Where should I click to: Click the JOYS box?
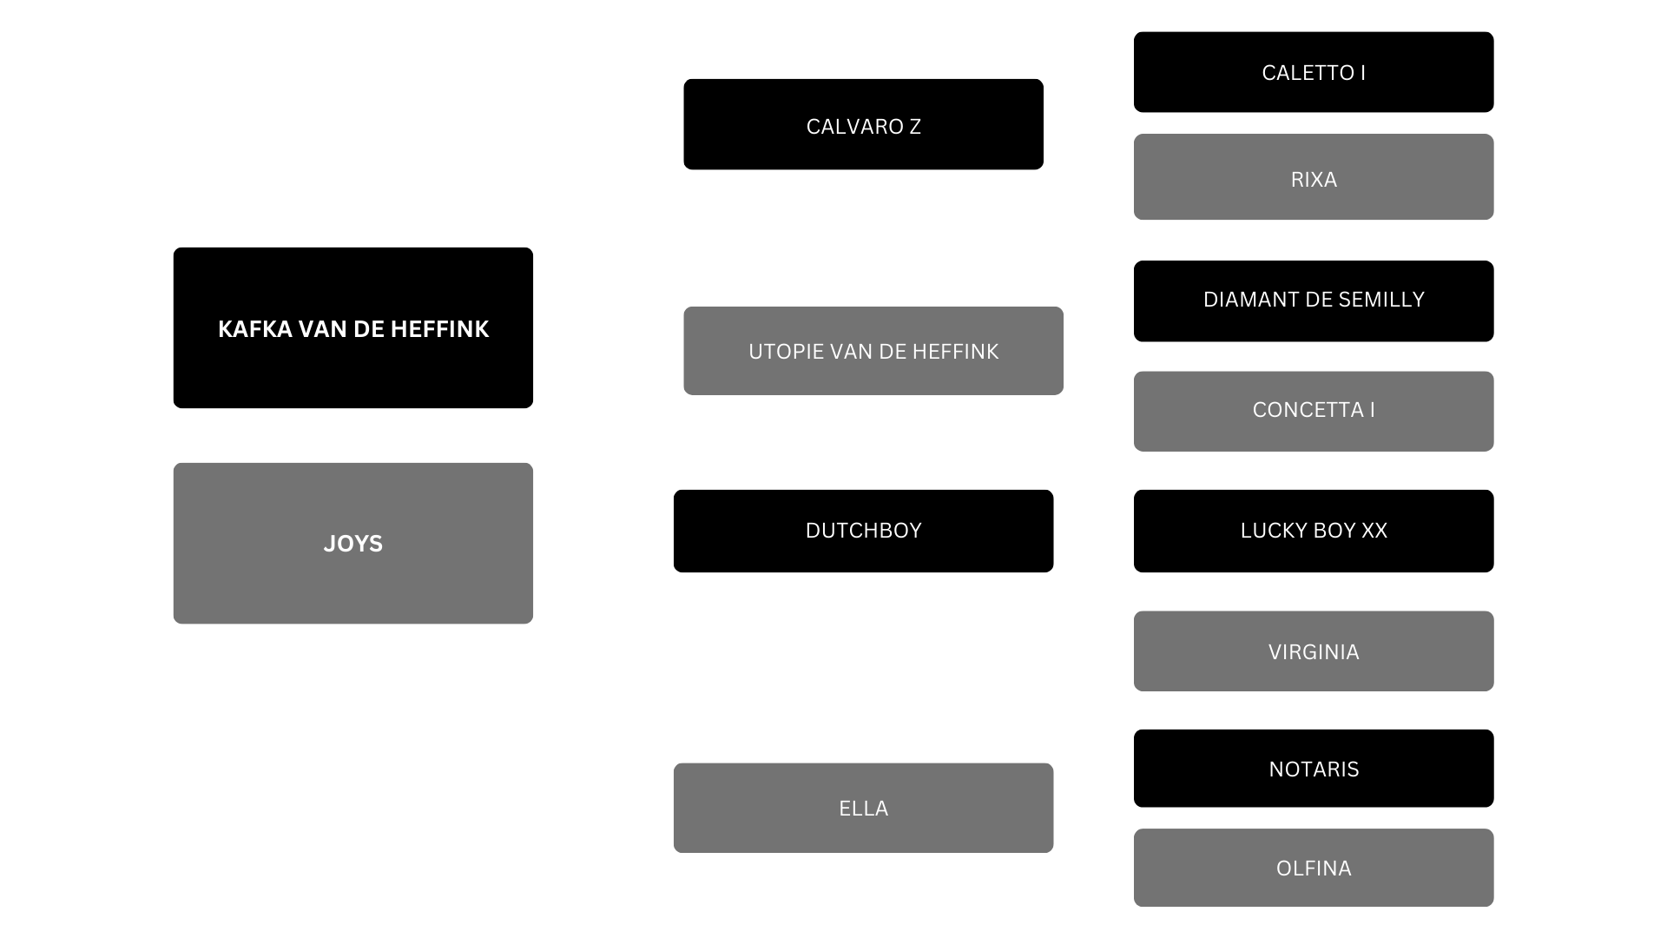(353, 543)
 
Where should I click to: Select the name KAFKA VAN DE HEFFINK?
(353, 329)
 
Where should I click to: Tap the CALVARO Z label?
(863, 127)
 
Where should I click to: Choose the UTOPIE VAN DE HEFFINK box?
(873, 351)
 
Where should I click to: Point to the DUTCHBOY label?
(863, 531)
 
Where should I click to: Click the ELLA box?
(863, 808)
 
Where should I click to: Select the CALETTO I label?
(1313, 73)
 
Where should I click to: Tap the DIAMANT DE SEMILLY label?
(1313, 300)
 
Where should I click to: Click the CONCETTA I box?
(1313, 411)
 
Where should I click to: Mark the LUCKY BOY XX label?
(1313, 531)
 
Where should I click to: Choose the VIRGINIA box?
(1313, 651)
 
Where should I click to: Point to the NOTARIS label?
(1313, 770)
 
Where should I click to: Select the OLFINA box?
(1313, 868)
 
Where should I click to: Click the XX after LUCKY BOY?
(1374, 531)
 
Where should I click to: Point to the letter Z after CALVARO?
(914, 127)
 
